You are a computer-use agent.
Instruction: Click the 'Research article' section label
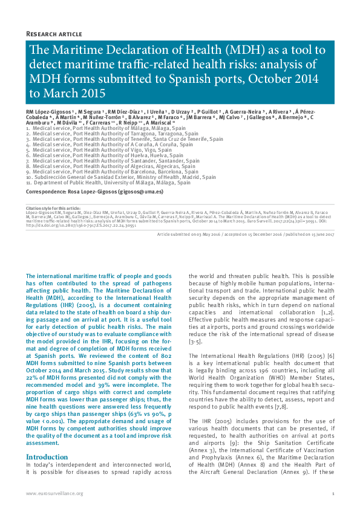click(x=54, y=33)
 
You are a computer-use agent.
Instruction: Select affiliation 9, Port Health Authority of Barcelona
click(x=111, y=172)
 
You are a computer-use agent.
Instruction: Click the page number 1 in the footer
click(x=333, y=494)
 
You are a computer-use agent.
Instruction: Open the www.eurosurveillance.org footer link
click(x=54, y=494)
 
